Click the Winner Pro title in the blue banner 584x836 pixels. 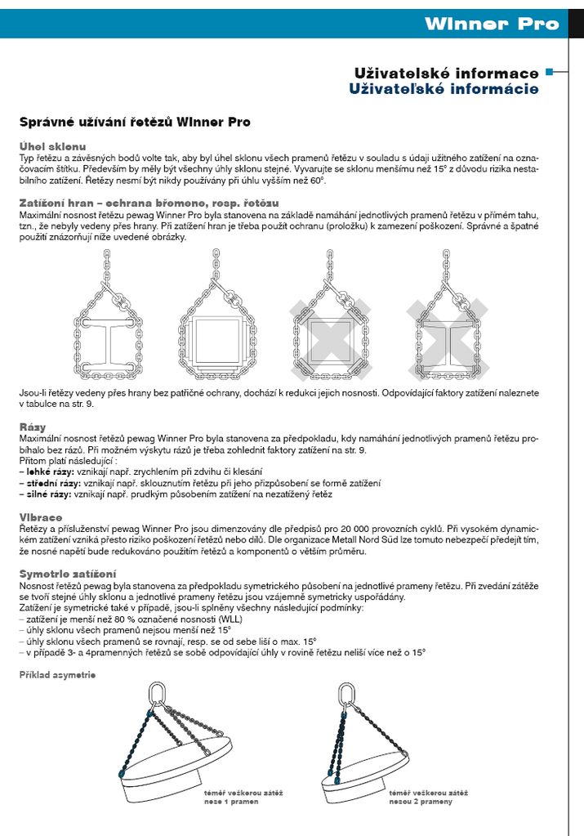[492, 24]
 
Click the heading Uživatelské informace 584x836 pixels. [446, 74]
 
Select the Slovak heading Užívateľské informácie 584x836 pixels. [444, 89]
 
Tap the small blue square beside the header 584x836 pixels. [550, 72]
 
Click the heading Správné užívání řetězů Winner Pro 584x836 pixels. [135, 123]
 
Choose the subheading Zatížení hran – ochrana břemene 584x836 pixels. [149, 201]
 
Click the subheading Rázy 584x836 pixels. [33, 427]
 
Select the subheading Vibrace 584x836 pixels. [41, 517]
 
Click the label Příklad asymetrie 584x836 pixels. [58, 675]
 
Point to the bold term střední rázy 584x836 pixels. [51, 483]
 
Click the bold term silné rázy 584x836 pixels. [48, 494]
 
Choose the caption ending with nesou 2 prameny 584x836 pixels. [429, 798]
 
